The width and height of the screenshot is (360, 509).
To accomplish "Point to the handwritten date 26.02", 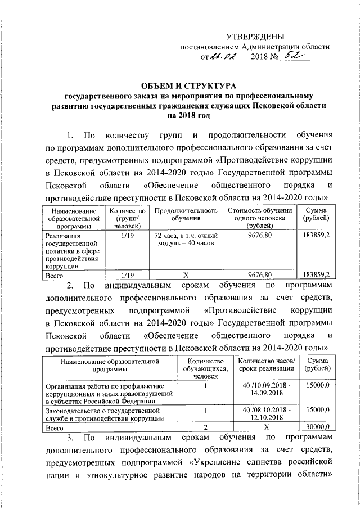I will tap(225, 57).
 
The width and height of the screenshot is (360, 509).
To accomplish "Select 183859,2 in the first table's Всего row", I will tap(316, 274).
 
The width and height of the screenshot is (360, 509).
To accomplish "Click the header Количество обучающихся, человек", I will tap(206, 368).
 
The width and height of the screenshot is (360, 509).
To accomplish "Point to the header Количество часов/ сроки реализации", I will tap(265, 364).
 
